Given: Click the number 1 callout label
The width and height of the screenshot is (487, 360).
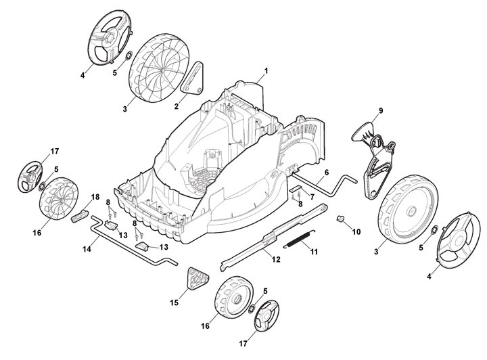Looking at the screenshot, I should tap(266, 70).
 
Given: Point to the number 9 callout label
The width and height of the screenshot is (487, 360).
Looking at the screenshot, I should tap(380, 110).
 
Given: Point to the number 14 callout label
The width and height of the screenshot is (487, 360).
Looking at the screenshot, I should tap(86, 249).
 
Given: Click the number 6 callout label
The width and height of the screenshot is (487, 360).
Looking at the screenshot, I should tap(326, 173).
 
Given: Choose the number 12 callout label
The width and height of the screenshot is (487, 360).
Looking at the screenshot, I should tap(276, 259).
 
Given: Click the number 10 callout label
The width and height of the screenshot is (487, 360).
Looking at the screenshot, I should tap(356, 231).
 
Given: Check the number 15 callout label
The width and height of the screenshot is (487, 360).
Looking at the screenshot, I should tap(175, 302).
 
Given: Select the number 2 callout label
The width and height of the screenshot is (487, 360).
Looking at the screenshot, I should tap(177, 106).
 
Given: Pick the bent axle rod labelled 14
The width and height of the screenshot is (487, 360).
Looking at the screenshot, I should tap(129, 244).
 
